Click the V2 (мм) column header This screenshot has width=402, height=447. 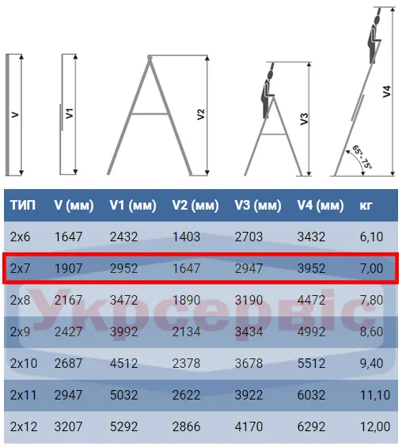[195, 205]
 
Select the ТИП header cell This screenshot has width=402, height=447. [23, 205]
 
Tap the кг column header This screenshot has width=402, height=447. [366, 205]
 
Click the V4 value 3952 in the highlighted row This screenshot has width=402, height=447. [311, 268]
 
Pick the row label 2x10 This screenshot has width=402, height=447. [24, 363]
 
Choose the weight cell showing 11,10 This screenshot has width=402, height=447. [375, 395]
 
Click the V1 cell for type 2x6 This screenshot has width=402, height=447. [123, 237]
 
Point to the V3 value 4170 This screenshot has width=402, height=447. [248, 426]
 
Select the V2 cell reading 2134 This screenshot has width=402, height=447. [186, 331]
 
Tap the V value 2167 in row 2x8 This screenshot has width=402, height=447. [68, 300]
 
